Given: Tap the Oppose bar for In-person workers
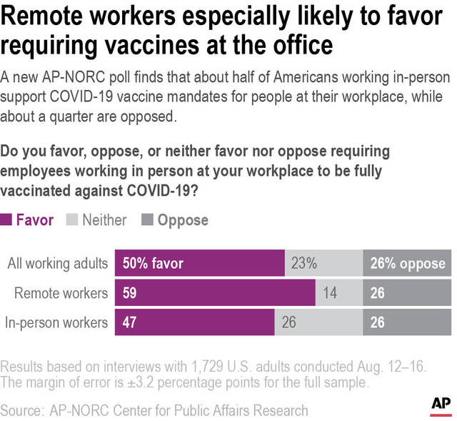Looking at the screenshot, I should point(408,322).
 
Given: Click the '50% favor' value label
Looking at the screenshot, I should point(153,264).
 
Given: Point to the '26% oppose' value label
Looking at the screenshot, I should point(408,264).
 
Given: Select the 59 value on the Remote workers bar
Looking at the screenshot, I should point(131,293).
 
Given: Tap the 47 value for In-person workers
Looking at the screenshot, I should point(131,322).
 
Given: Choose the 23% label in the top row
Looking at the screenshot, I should point(303,264).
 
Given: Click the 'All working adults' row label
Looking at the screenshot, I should point(57,264).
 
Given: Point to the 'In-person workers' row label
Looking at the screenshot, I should point(56,322).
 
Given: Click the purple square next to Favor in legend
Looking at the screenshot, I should point(6,220).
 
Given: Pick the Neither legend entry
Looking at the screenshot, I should point(97,220).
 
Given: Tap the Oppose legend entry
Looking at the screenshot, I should point(176,220).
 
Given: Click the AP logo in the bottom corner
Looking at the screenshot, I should point(439,405).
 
